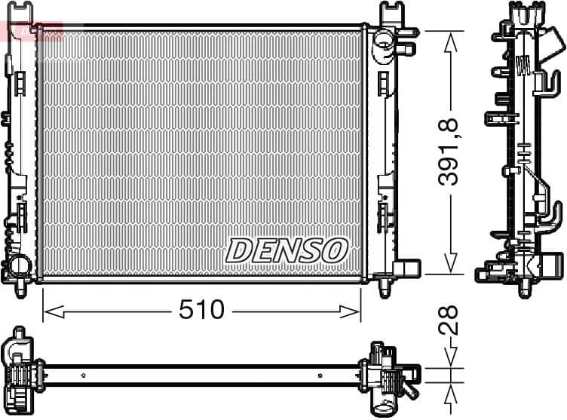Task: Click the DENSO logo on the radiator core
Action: (287, 250)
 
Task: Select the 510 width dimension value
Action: (202, 309)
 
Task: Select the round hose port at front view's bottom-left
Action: (16, 265)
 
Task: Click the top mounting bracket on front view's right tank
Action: (391, 13)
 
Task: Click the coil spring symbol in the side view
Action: (522, 66)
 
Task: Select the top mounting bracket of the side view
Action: (525, 15)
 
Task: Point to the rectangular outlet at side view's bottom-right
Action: (553, 265)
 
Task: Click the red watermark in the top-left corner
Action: (21, 30)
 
